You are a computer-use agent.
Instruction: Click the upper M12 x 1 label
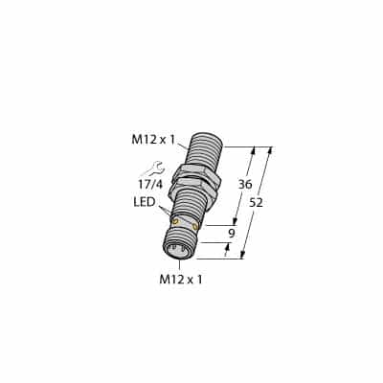coord(152,140)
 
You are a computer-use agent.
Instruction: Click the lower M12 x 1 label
coord(180,280)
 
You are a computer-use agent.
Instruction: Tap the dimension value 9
coord(233,231)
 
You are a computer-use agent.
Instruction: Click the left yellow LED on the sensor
coord(174,222)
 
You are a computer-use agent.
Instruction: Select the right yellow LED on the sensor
coord(195,227)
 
